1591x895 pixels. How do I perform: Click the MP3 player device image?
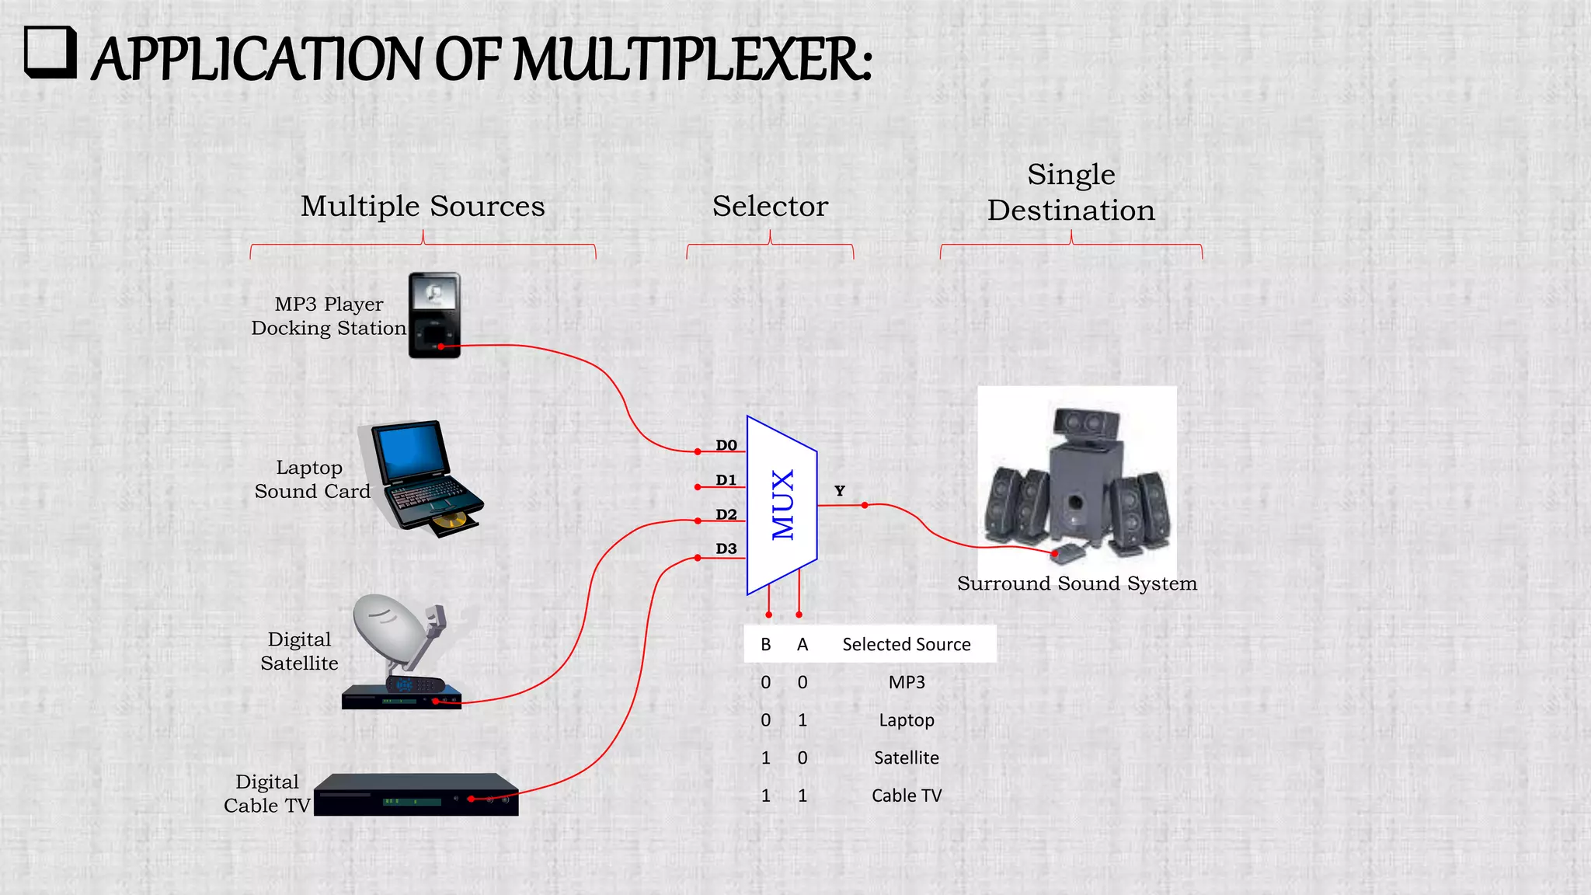pyautogui.click(x=434, y=315)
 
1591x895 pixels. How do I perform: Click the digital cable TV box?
pyautogui.click(x=416, y=795)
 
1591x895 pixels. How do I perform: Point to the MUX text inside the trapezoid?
pyautogui.click(x=782, y=505)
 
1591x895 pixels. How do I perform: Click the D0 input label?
pyautogui.click(x=726, y=445)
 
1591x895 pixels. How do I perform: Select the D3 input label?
pyautogui.click(x=726, y=548)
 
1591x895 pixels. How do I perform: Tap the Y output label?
pyautogui.click(x=840, y=491)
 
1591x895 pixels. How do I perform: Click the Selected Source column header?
pyautogui.click(x=907, y=644)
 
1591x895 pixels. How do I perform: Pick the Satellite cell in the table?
pyautogui.click(x=907, y=757)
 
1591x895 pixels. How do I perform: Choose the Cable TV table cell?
pyautogui.click(x=907, y=796)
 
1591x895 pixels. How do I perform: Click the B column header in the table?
pyautogui.click(x=766, y=644)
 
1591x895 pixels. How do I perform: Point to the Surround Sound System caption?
pyautogui.click(x=1077, y=583)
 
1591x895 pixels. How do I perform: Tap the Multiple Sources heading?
pyautogui.click(x=423, y=206)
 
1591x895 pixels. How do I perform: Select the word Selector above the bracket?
pyautogui.click(x=770, y=206)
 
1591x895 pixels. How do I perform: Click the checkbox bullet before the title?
pyautogui.click(x=50, y=52)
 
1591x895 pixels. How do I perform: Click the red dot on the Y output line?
pyautogui.click(x=865, y=505)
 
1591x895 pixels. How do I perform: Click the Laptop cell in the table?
pyautogui.click(x=907, y=720)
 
